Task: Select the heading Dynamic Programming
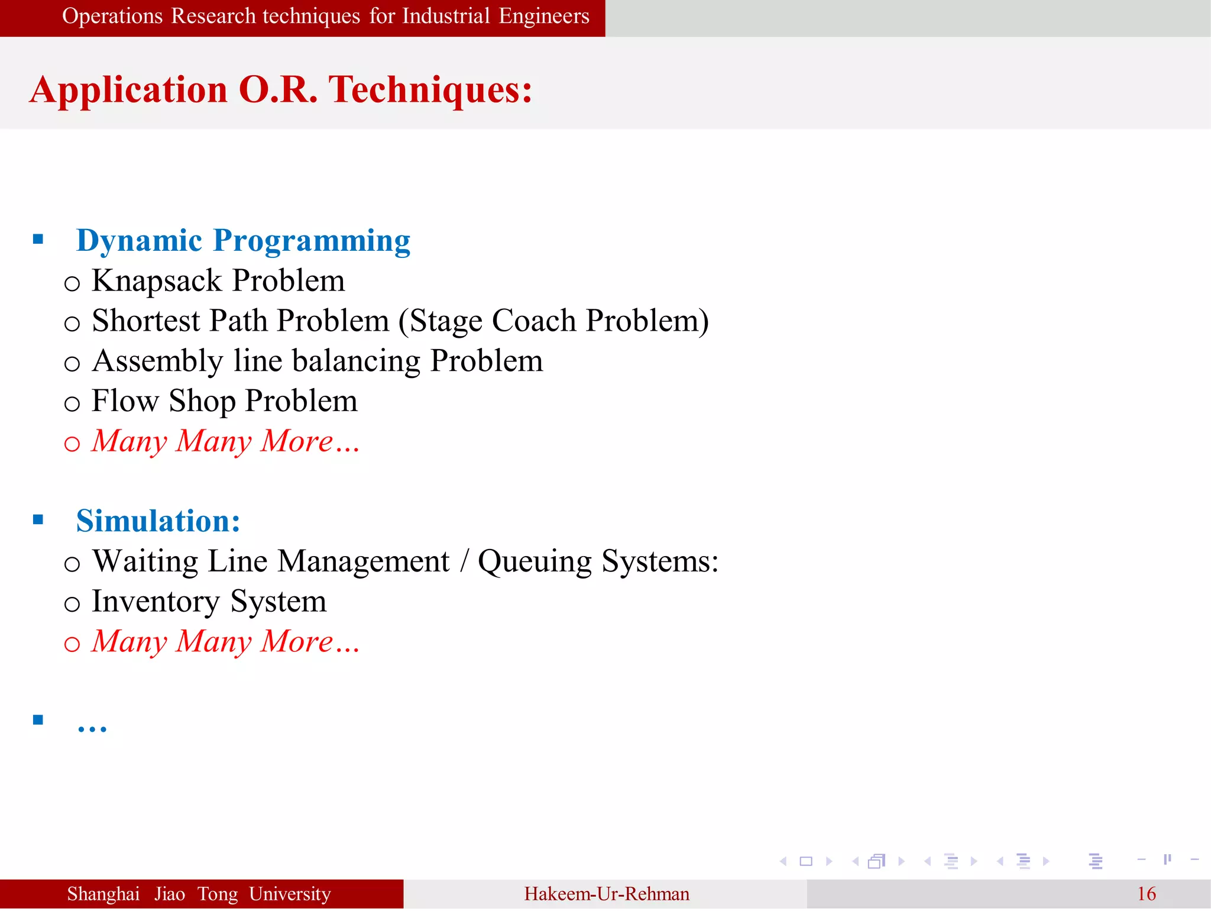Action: [243, 241]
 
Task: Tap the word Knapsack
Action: [157, 281]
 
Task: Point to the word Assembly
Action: [157, 361]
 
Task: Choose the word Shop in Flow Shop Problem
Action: [202, 402]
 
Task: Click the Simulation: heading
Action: [158, 521]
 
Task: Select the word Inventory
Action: [156, 602]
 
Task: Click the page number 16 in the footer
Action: [1146, 894]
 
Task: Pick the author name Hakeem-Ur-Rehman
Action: [606, 894]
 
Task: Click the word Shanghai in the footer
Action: [103, 894]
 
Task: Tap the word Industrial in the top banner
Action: [446, 16]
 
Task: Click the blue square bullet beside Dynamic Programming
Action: [38, 240]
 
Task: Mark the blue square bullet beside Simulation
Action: [38, 520]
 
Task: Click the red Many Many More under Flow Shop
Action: [225, 442]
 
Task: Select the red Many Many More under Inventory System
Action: [225, 642]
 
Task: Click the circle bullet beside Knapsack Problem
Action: [72, 284]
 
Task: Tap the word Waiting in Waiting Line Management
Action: [145, 561]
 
